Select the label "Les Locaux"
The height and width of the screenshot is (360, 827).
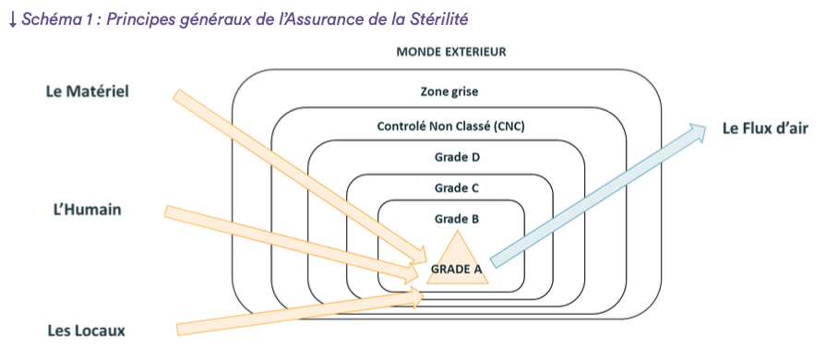click(x=87, y=330)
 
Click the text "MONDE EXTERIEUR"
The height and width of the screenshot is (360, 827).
click(x=450, y=52)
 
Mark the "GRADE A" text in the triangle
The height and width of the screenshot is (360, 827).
click(x=456, y=269)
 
